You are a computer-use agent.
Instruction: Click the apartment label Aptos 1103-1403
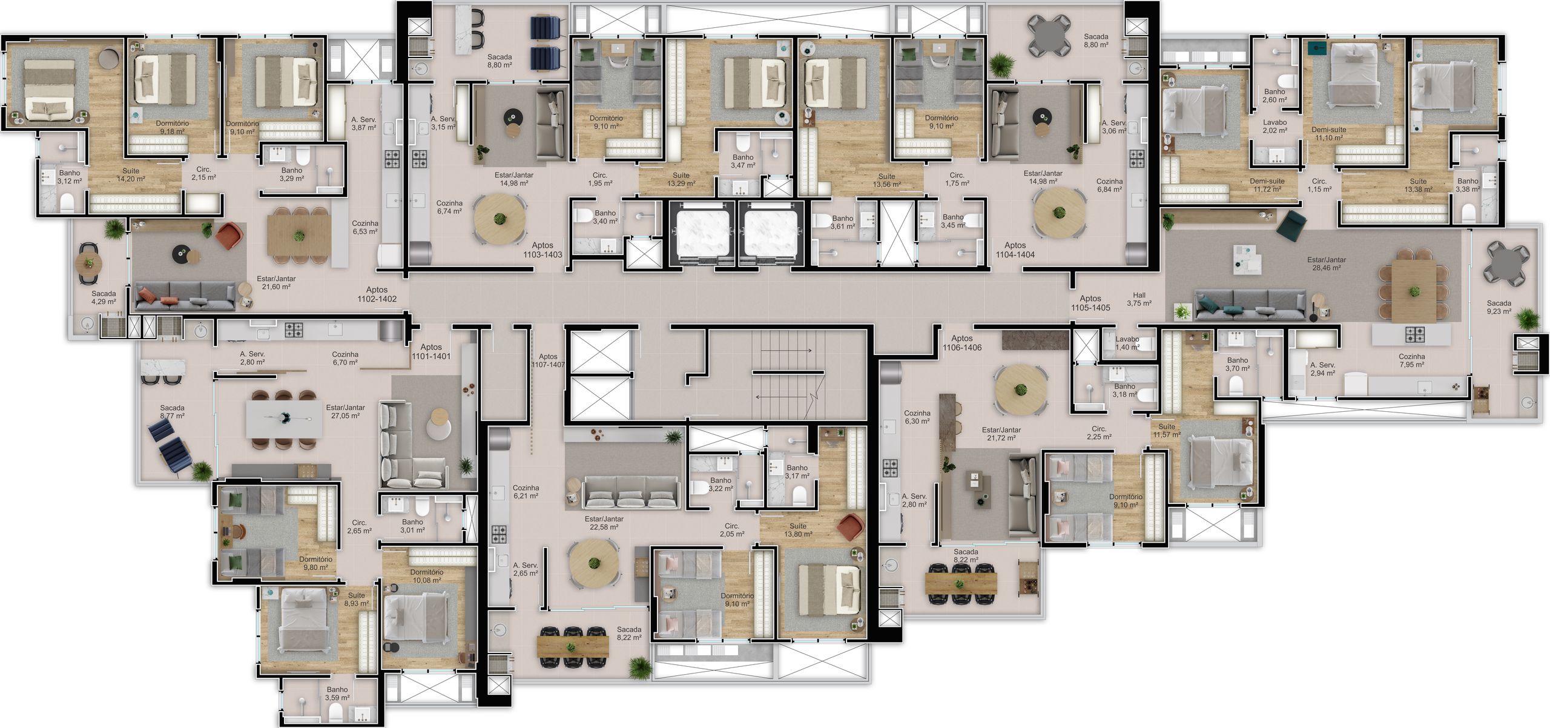tap(542, 250)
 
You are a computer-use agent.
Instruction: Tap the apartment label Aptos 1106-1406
tap(961, 343)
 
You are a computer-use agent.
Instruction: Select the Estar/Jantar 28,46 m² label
tap(1326, 263)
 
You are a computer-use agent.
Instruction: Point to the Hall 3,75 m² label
tap(1139, 299)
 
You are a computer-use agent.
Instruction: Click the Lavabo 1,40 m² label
tap(1127, 343)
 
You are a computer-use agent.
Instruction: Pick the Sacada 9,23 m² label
tap(1499, 307)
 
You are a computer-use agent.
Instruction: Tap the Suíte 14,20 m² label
tap(131, 175)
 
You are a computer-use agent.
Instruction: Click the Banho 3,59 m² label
tap(337, 693)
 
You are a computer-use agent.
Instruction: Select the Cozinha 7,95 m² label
tap(1411, 361)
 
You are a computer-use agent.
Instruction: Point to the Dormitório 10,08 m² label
tap(427, 576)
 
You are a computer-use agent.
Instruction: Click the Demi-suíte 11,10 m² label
tap(1329, 134)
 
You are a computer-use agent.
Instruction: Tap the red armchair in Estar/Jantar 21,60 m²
tap(229, 236)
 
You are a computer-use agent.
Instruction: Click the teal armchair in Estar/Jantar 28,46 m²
tap(1290, 224)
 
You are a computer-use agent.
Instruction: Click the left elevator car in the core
tap(701, 231)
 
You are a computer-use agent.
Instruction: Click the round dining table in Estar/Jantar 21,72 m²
tap(1021, 389)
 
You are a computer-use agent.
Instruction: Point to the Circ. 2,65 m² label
tap(359, 526)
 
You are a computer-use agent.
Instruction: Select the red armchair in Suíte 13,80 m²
tap(852, 526)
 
